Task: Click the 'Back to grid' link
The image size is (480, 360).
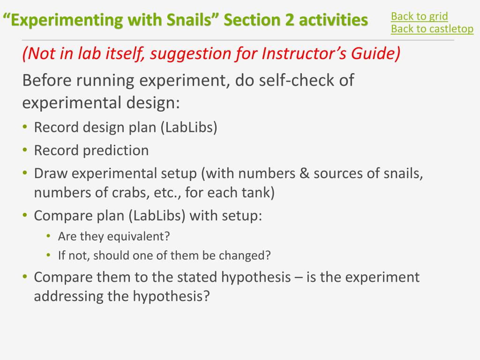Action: [420, 16]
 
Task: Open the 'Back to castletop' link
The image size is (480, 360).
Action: [432, 29]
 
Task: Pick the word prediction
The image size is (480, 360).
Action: [116, 150]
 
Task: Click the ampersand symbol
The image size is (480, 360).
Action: [304, 173]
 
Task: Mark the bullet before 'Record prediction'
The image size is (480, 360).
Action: [25, 150]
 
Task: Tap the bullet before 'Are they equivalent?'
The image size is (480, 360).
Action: [48, 236]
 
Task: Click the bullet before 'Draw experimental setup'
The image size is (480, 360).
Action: [25, 172]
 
